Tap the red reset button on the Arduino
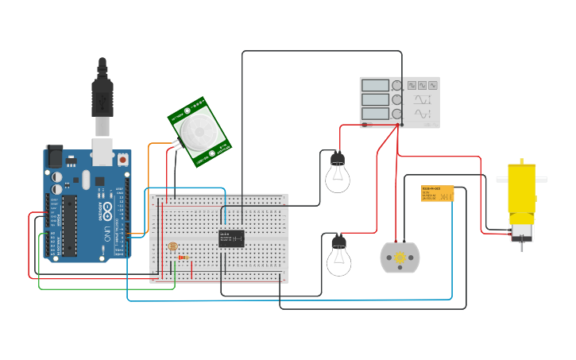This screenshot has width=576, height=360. point(124,160)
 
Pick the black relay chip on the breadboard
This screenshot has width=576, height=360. point(231,238)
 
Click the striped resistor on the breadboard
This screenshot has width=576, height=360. point(184,257)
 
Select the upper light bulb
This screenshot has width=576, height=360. point(338,175)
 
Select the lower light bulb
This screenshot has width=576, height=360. point(339,258)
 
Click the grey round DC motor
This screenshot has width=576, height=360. point(400,258)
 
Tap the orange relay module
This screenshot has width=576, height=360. point(437,193)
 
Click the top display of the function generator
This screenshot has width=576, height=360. point(375,85)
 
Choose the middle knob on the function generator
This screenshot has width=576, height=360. point(396,99)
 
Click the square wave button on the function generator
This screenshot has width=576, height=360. point(412,84)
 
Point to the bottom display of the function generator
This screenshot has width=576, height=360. point(375,114)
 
